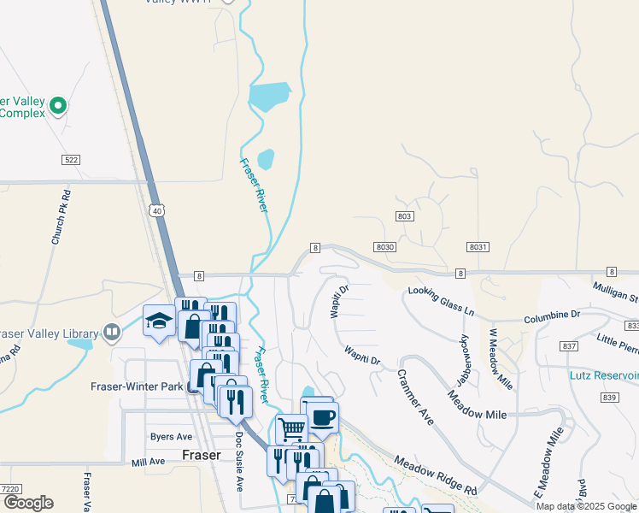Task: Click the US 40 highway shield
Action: pyautogui.click(x=156, y=211)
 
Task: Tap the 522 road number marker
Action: pyautogui.click(x=71, y=160)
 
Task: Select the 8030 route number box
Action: pyautogui.click(x=385, y=246)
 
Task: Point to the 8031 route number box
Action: pyautogui.click(x=478, y=246)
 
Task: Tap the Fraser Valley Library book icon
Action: pyautogui.click(x=111, y=332)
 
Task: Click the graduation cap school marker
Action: pyautogui.click(x=159, y=321)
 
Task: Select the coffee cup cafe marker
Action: pyautogui.click(x=323, y=418)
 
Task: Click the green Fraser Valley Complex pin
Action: pyautogui.click(x=58, y=107)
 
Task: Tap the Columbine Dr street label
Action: pyautogui.click(x=552, y=315)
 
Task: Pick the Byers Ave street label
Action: pyautogui.click(x=171, y=436)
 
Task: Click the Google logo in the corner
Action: pyautogui.click(x=27, y=503)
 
